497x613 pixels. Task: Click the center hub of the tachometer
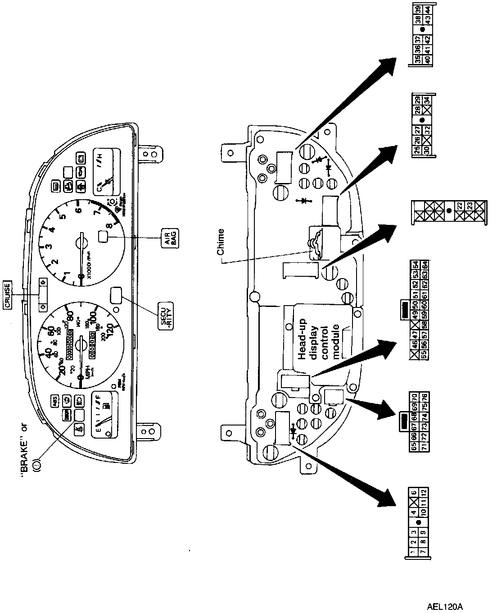click(81, 244)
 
